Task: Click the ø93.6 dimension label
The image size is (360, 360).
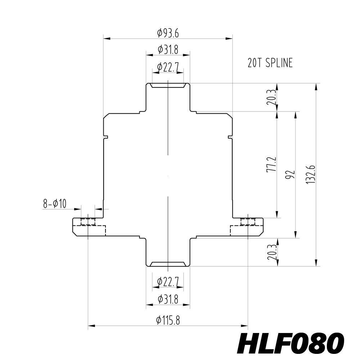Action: click(x=168, y=33)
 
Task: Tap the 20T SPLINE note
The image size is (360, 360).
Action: click(x=270, y=63)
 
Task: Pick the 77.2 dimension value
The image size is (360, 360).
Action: click(x=272, y=164)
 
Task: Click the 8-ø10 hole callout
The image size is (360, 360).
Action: click(x=55, y=204)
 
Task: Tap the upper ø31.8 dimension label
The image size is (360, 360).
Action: click(x=168, y=50)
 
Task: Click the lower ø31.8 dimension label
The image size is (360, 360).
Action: click(x=168, y=299)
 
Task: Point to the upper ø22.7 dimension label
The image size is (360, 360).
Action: click(x=168, y=67)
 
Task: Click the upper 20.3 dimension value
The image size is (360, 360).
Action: click(x=272, y=97)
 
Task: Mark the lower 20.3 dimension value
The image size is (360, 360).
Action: click(x=272, y=252)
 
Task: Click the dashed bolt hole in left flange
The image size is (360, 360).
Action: click(x=88, y=221)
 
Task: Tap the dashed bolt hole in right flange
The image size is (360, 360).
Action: click(x=248, y=221)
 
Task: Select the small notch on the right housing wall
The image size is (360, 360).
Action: click(x=230, y=137)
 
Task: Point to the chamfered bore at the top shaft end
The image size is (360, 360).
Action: click(x=168, y=86)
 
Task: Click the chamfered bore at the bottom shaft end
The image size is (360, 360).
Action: click(x=168, y=264)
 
